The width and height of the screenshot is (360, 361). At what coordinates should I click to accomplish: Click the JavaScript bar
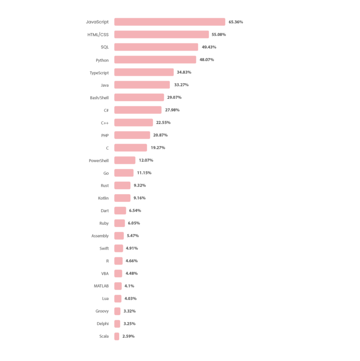tap(169, 22)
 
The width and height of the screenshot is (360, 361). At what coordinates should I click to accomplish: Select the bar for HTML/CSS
tap(161, 35)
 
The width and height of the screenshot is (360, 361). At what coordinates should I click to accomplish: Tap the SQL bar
tap(156, 47)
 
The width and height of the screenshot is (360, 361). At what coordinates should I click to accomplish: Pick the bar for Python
tap(155, 60)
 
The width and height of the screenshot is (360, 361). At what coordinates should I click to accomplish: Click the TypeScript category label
tap(99, 73)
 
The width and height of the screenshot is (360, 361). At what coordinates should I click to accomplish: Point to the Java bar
tap(142, 85)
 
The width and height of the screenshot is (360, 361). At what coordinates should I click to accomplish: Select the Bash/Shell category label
tap(99, 98)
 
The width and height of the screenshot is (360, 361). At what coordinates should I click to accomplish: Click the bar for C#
tap(138, 111)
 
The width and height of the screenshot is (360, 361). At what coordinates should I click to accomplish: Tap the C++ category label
tap(105, 123)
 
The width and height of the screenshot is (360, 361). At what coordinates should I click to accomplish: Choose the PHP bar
tap(132, 135)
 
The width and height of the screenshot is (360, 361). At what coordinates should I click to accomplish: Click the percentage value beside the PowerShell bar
tap(146, 161)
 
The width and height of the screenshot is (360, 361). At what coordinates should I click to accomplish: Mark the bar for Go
tap(124, 173)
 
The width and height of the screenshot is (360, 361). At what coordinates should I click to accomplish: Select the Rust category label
tap(104, 186)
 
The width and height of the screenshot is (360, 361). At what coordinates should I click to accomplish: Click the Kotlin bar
tap(122, 199)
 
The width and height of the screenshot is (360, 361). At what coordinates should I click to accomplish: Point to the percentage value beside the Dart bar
tap(135, 211)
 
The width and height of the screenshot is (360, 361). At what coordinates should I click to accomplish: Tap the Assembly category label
tap(99, 236)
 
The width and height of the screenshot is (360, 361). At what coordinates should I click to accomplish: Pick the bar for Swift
tap(119, 249)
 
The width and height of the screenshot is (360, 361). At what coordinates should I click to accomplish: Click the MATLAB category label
tap(101, 286)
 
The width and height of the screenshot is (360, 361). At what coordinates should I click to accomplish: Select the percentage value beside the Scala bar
tap(128, 336)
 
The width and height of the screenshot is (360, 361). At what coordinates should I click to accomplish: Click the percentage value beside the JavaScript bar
tap(235, 22)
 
